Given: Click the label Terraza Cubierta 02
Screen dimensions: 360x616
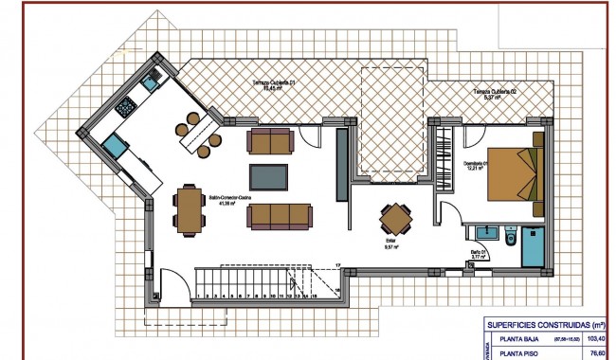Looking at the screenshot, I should [x=492, y=93].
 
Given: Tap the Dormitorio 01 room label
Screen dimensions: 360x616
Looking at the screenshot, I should [x=475, y=166].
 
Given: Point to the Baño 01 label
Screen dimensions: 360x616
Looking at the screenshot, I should [x=480, y=254].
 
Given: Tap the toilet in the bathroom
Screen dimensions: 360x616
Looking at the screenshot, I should [x=509, y=236].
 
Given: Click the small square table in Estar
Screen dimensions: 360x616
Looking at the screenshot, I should [x=395, y=220].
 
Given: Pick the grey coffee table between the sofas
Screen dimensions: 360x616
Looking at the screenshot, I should [x=269, y=177].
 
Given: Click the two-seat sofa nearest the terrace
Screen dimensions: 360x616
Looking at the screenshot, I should [x=270, y=141].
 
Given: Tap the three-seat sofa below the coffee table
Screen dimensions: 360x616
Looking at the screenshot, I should [x=279, y=215].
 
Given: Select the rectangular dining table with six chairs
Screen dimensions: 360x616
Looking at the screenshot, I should [x=189, y=209].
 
